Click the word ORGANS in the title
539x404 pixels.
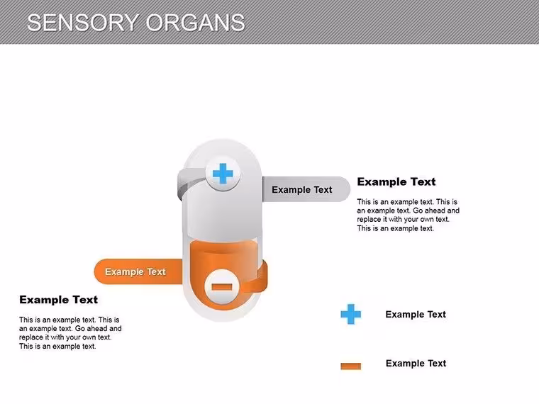click(195, 23)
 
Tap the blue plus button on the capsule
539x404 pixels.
click(223, 174)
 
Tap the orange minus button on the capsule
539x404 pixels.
click(222, 287)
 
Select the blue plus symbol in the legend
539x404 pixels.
click(351, 314)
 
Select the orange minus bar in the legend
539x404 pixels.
click(351, 366)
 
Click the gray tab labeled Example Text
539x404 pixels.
click(306, 189)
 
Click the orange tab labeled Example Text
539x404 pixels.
click(138, 271)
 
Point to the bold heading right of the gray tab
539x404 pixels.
click(396, 181)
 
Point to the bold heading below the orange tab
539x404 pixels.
click(58, 300)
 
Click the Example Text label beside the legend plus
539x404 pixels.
click(416, 314)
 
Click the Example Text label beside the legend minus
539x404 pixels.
click(416, 363)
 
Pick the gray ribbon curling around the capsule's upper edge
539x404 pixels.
click(186, 183)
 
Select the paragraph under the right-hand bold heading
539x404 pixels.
click(408, 215)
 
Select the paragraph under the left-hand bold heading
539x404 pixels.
click(70, 333)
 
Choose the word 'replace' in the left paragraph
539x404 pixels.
click(30, 337)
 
